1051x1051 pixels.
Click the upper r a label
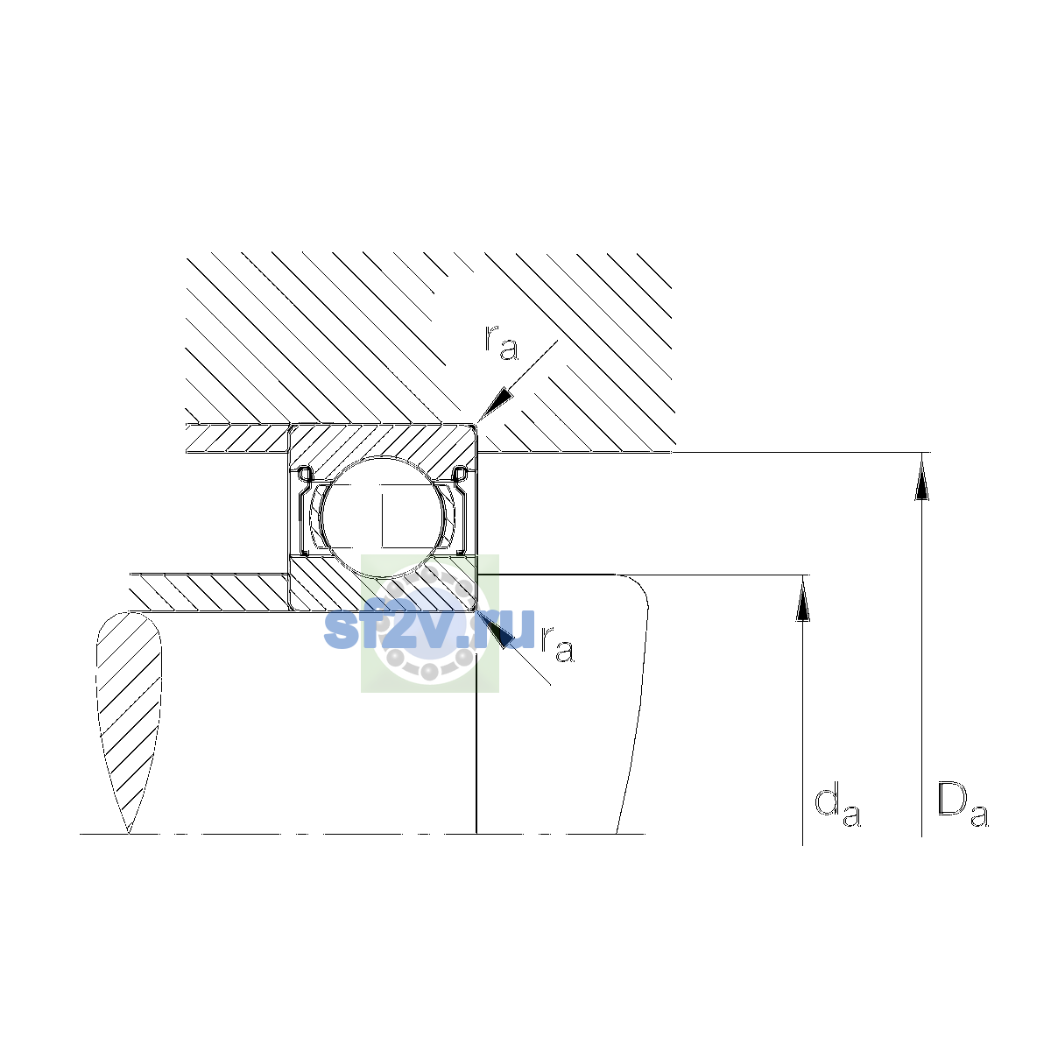point(501,343)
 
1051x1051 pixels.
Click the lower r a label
point(557,644)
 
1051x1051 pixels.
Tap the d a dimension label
point(837,808)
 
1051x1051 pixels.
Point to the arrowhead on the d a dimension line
point(802,599)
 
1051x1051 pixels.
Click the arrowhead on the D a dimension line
point(921,476)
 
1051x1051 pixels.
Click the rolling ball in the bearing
point(384,517)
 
